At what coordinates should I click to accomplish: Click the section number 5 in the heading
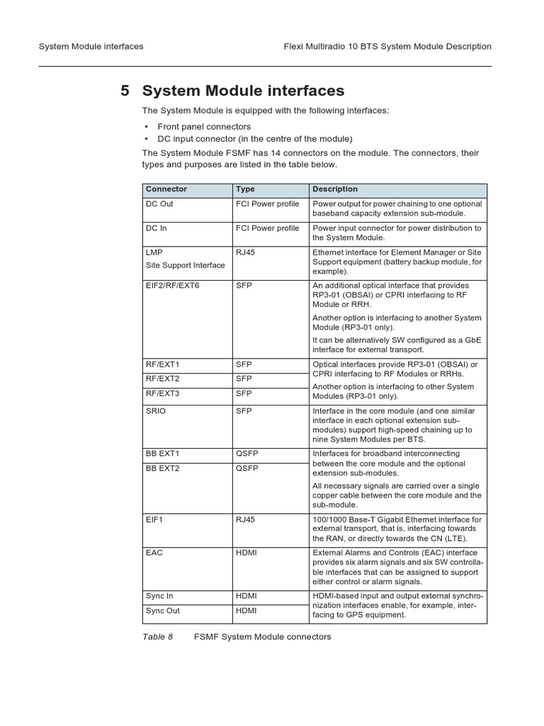tap(125, 91)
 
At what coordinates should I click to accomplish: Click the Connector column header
tap(166, 189)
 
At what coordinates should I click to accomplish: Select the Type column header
tap(245, 189)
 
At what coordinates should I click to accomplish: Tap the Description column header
tap(335, 189)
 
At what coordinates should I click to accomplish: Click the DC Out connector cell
tap(159, 204)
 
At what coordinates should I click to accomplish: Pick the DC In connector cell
tap(157, 228)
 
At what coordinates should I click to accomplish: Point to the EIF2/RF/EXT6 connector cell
tap(173, 285)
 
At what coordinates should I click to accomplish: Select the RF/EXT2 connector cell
tap(163, 379)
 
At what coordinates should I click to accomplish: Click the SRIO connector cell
tap(156, 411)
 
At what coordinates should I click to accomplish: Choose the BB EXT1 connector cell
tap(163, 454)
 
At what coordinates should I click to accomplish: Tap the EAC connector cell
tap(154, 553)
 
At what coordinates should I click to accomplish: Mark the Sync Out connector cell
tap(163, 610)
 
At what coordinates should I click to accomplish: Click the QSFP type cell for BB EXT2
tap(247, 469)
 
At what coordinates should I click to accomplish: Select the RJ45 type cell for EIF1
tap(245, 520)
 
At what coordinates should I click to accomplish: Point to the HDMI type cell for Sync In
tap(246, 596)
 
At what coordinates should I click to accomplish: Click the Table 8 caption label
tap(157, 637)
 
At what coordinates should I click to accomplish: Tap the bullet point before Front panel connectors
tap(146, 127)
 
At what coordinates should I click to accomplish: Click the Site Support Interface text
tap(186, 265)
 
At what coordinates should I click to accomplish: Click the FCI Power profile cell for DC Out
tap(267, 204)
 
